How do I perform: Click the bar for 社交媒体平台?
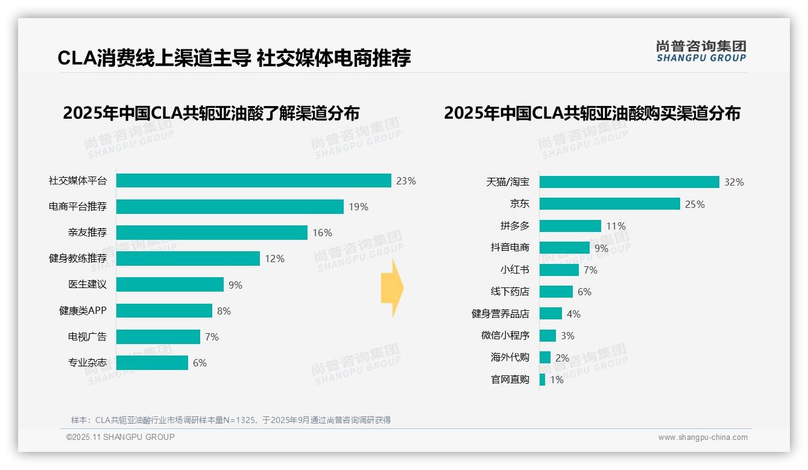[x=253, y=181]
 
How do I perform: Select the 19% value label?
[x=358, y=207]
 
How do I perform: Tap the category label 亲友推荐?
[x=87, y=233]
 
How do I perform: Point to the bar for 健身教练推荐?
[x=188, y=258]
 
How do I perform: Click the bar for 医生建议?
[x=169, y=284]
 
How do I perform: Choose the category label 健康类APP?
[x=83, y=311]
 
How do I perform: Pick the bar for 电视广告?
[x=157, y=337]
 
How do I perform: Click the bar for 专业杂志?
[x=151, y=363]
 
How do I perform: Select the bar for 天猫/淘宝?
[x=629, y=182]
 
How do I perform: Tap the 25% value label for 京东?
[x=695, y=204]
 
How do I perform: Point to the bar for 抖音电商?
[x=564, y=248]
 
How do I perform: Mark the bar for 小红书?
[x=559, y=270]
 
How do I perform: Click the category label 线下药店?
[x=510, y=292]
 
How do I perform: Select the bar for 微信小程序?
[x=548, y=336]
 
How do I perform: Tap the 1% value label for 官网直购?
[x=557, y=380]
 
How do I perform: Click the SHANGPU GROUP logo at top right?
[x=701, y=51]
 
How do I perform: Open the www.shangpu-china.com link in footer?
[x=702, y=437]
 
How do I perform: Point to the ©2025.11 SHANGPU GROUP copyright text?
[x=121, y=437]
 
